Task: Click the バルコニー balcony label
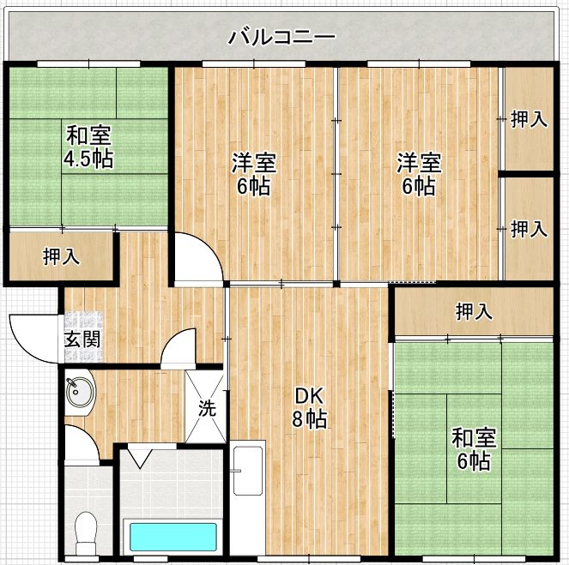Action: (x=282, y=38)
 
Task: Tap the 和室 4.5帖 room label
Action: (x=88, y=147)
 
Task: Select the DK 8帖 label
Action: (x=309, y=407)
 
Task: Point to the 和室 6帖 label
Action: (x=473, y=449)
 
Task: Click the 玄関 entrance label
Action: (x=82, y=340)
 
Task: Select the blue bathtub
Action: (x=173, y=537)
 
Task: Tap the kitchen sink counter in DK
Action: (x=248, y=498)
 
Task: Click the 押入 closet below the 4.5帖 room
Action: (x=61, y=256)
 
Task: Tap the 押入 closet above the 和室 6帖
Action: (x=474, y=311)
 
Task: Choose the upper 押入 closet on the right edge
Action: (x=529, y=119)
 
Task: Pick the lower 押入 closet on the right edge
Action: (x=529, y=228)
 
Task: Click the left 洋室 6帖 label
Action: (x=254, y=174)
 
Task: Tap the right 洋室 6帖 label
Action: (x=419, y=174)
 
